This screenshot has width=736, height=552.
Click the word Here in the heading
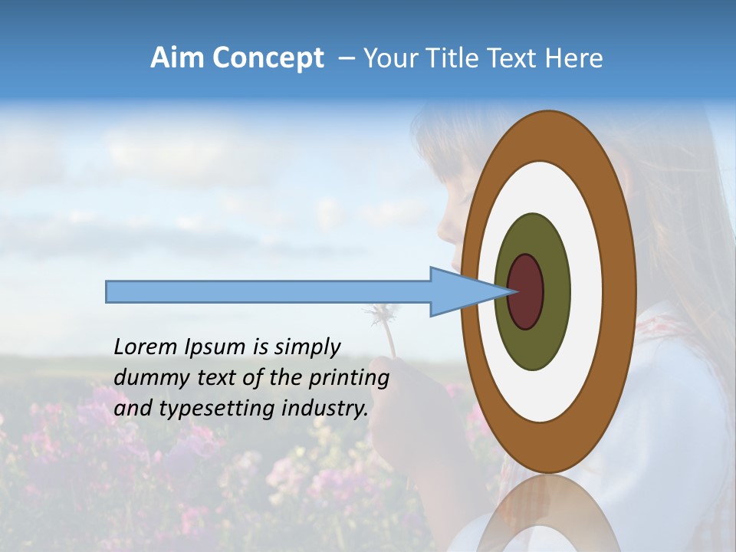(574, 58)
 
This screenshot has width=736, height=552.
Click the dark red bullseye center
(526, 291)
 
